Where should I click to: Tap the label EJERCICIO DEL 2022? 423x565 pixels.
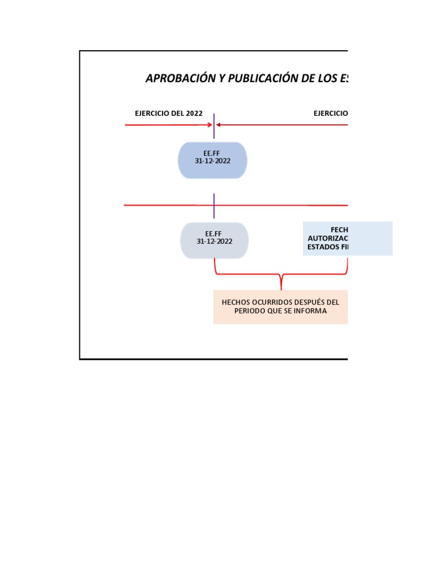[169, 114]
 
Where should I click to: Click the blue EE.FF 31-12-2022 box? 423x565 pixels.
[213, 160]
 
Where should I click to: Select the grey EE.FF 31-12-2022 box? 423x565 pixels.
[214, 241]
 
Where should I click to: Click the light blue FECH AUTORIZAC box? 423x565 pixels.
[348, 238]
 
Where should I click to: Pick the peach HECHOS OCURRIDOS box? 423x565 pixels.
[280, 307]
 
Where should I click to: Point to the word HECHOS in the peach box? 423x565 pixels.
[235, 302]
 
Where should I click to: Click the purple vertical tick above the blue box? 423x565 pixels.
[214, 126]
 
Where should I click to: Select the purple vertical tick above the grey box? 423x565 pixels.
[214, 205]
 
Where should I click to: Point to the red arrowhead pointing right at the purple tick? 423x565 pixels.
[209, 125]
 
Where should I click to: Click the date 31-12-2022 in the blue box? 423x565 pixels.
[213, 162]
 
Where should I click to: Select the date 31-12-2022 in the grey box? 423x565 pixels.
[214, 242]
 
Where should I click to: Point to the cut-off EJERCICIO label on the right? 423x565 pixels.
[330, 114]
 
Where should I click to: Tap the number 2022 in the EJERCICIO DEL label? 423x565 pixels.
[194, 114]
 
